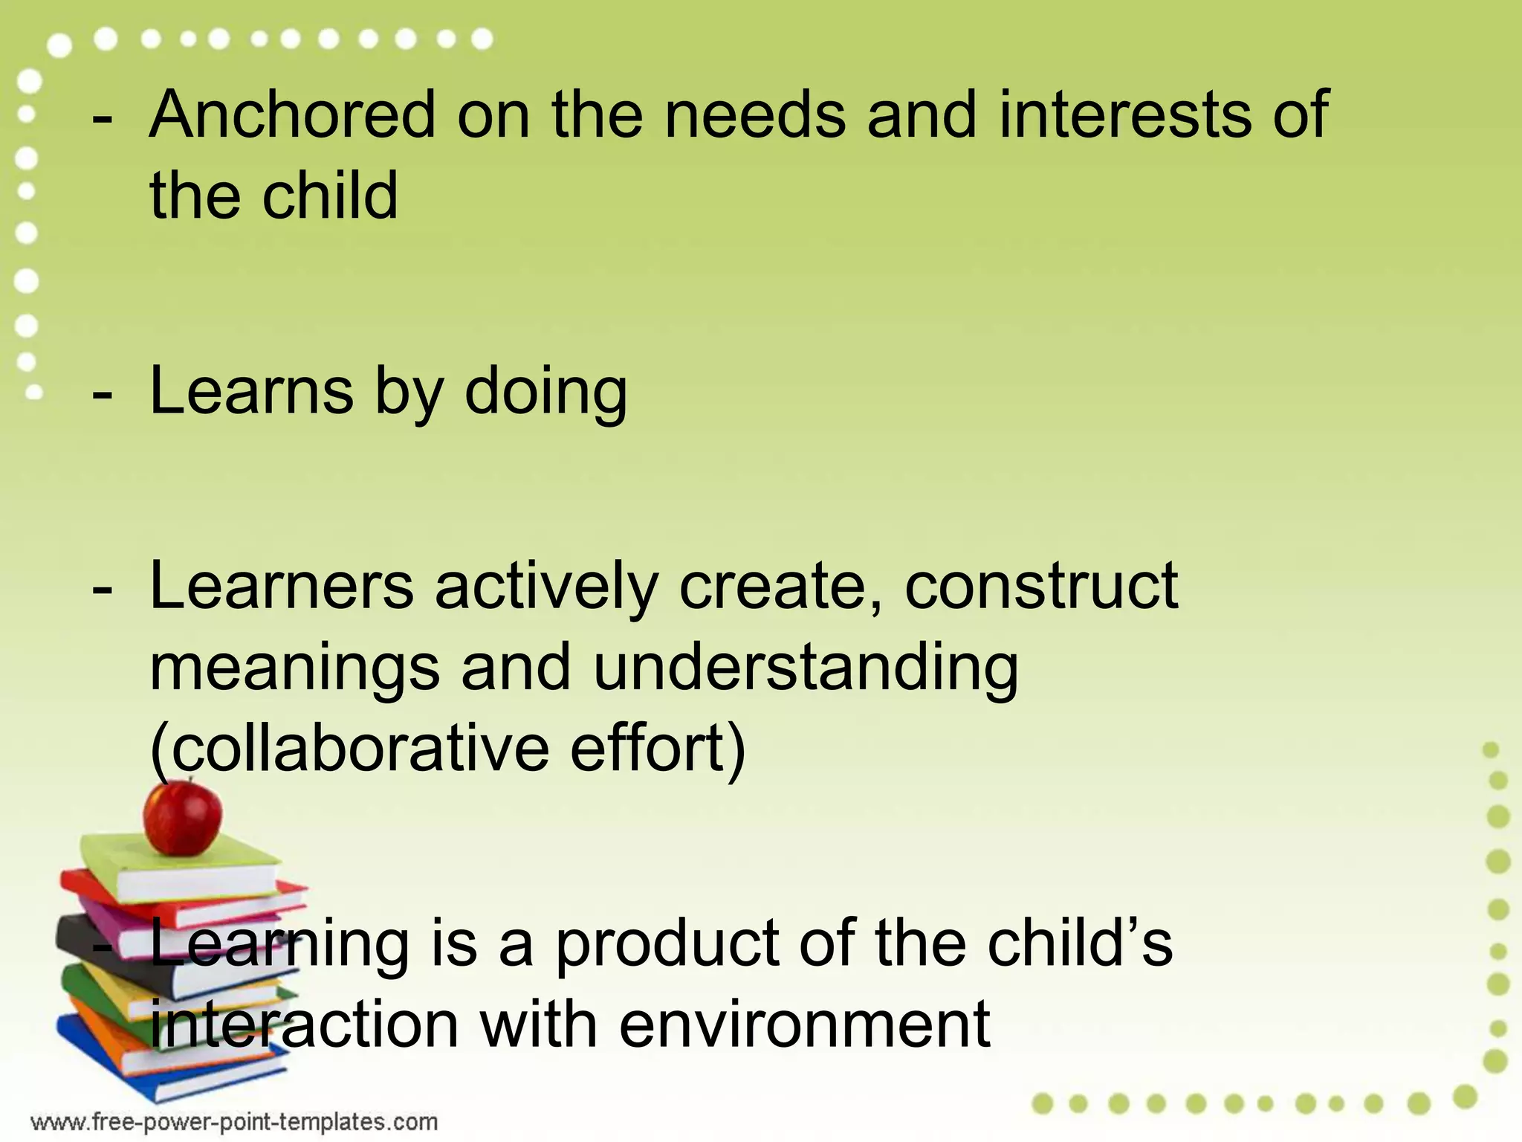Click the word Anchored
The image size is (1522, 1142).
coord(292,114)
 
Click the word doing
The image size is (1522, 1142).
coord(546,392)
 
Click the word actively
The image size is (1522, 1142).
coord(546,587)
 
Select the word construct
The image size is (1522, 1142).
coord(1041,587)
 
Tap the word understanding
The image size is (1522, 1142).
coord(806,667)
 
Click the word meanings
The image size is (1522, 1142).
coord(295,667)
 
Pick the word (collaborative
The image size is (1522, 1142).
coord(349,747)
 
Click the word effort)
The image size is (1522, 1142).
coord(658,747)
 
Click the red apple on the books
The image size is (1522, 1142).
coord(183,816)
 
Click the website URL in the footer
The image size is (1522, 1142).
coord(234,1121)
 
